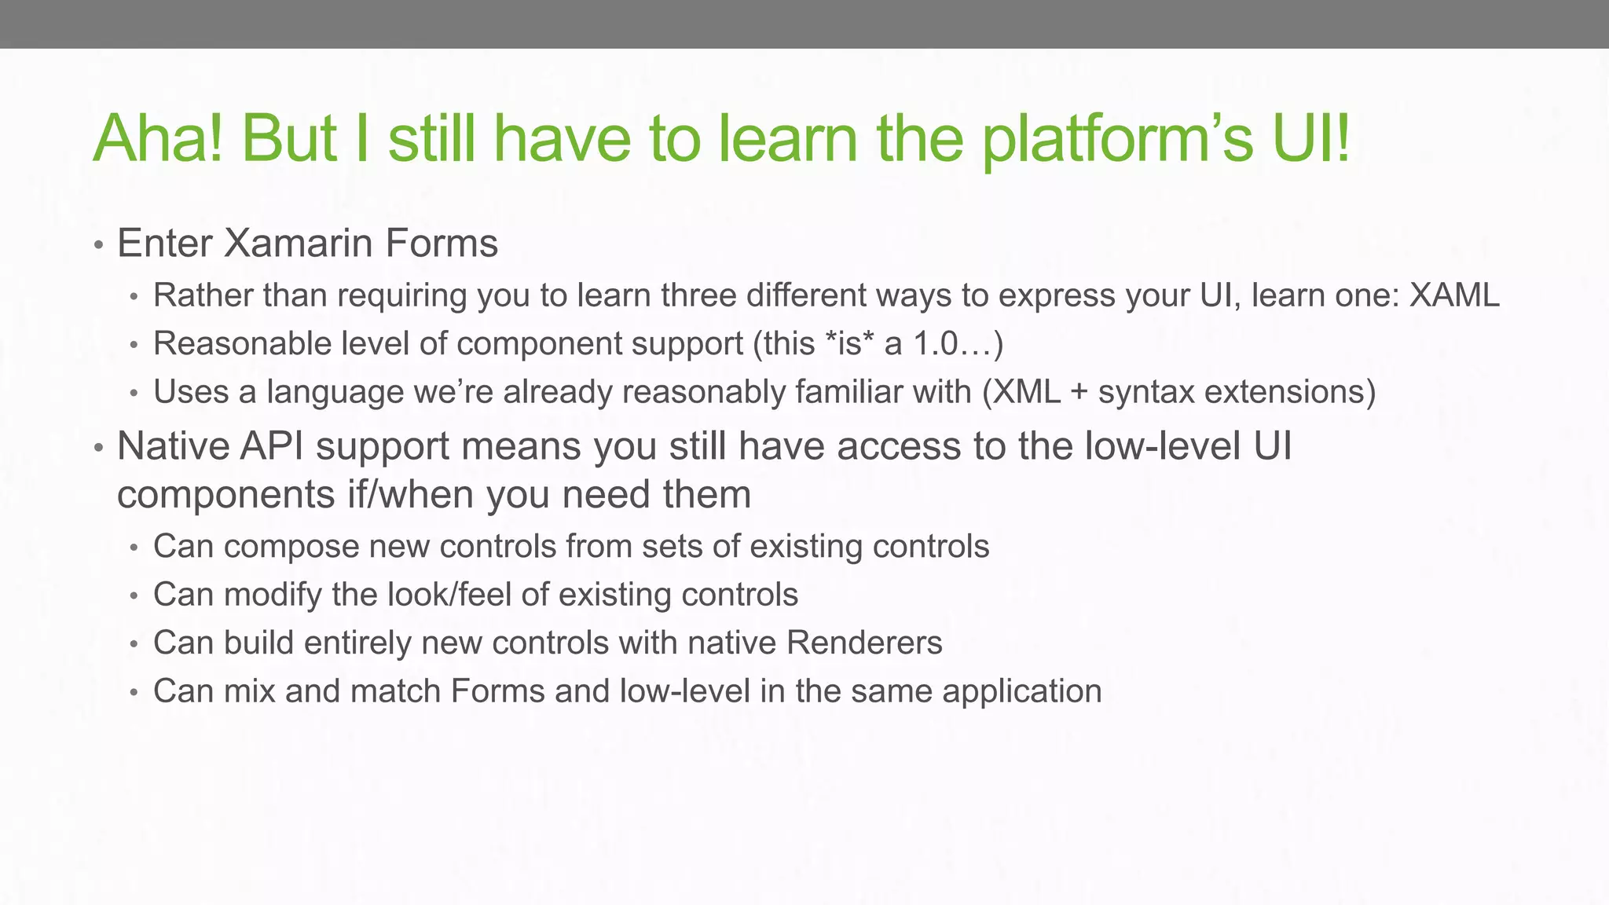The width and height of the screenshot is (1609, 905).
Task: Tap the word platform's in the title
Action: pyautogui.click(x=1117, y=139)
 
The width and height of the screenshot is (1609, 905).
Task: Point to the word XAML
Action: pyautogui.click(x=1454, y=295)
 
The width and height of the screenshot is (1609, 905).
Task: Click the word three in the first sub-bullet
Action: pyautogui.click(x=698, y=295)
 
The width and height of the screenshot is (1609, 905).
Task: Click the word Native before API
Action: pyautogui.click(x=172, y=446)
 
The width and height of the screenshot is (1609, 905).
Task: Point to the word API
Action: pyautogui.click(x=271, y=446)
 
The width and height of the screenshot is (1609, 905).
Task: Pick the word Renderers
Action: pyautogui.click(x=863, y=643)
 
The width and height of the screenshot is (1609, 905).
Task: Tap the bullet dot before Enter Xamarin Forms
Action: pyautogui.click(x=98, y=245)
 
